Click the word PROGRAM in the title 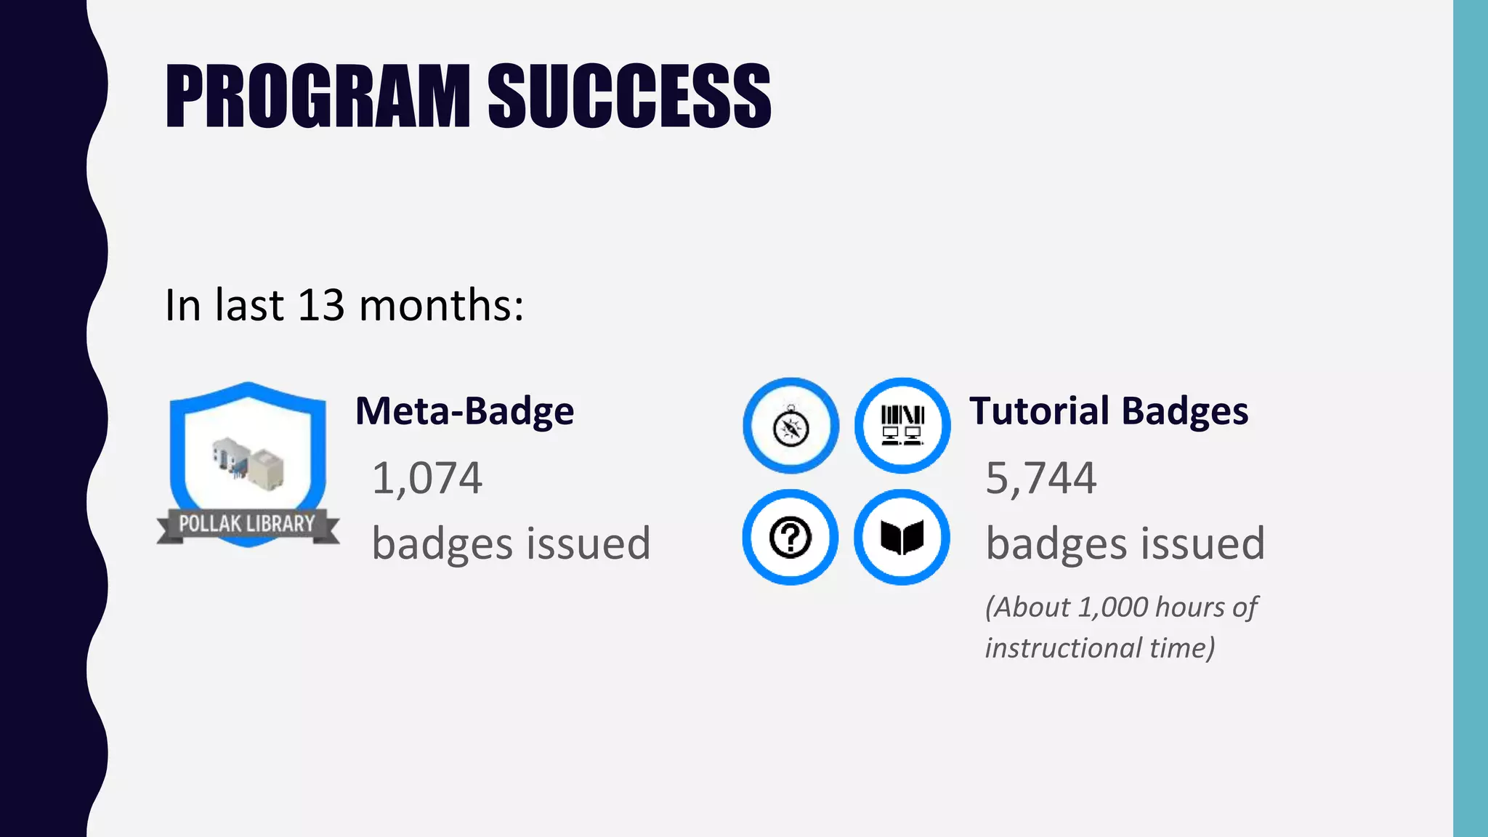318,96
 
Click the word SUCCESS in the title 628,96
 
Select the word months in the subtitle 441,304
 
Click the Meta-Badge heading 464,411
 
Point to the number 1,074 426,478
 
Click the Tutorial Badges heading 1108,411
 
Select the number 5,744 1040,478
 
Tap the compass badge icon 790,426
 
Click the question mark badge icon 790,538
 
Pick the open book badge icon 902,538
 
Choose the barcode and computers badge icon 902,426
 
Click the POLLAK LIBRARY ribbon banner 247,524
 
